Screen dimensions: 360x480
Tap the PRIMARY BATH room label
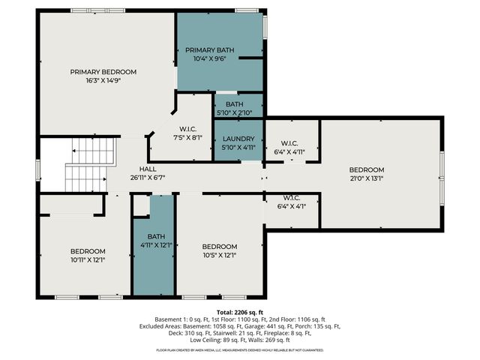(x=210, y=49)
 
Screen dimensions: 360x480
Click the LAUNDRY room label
(x=238, y=139)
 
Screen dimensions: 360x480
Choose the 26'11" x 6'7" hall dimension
(x=147, y=178)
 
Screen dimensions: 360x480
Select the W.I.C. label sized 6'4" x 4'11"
(x=291, y=143)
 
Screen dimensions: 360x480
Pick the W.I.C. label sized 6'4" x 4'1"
(x=291, y=199)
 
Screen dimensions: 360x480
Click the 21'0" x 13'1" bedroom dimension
(x=366, y=178)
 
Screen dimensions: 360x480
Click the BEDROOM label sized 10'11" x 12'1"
(x=88, y=250)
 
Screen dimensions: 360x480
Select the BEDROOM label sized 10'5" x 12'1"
(x=220, y=246)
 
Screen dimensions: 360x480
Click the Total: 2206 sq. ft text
(x=240, y=312)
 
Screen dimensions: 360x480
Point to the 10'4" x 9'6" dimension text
(x=210, y=58)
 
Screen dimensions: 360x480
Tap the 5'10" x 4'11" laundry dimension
(x=238, y=148)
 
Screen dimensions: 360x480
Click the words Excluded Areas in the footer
(x=160, y=326)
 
